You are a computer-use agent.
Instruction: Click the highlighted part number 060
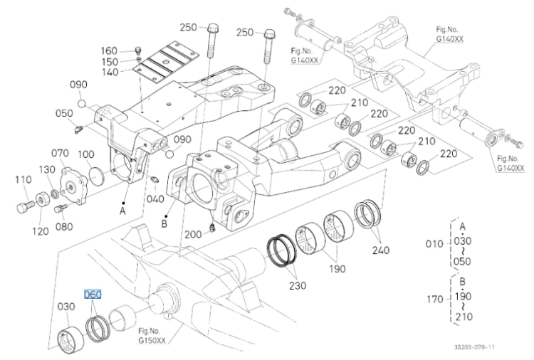click(x=93, y=295)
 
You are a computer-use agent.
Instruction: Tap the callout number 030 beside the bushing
click(x=66, y=307)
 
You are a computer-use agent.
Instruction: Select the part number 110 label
click(x=23, y=179)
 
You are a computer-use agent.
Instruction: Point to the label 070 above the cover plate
click(x=60, y=153)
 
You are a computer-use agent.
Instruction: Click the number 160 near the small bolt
click(x=109, y=51)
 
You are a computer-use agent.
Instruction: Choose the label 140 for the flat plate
click(x=110, y=72)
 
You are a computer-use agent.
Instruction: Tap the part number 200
click(x=193, y=235)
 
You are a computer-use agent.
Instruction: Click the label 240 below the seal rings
click(x=381, y=250)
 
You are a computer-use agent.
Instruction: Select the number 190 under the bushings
click(x=337, y=269)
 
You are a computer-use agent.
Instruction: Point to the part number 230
click(x=298, y=286)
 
